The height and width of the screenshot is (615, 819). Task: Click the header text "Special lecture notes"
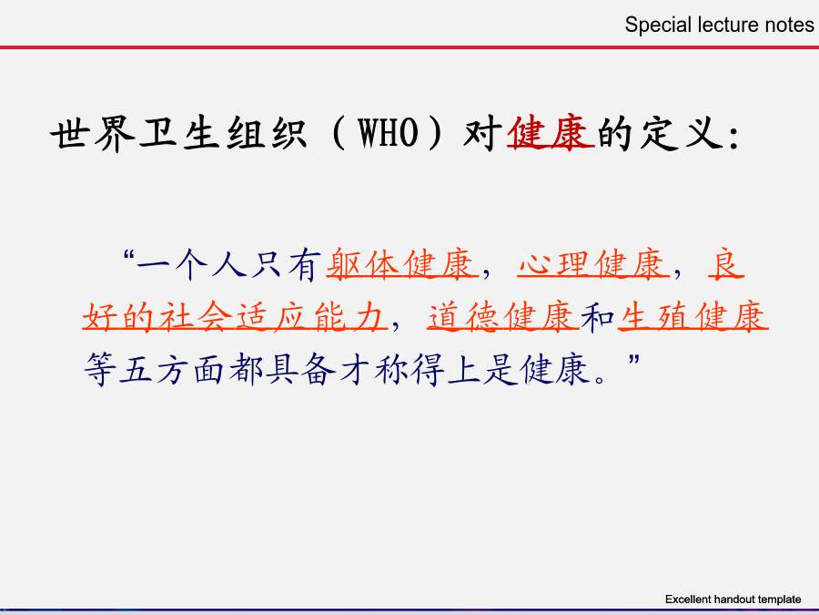point(719,26)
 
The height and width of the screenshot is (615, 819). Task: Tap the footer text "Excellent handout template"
point(733,600)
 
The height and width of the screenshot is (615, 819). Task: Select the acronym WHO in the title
point(388,133)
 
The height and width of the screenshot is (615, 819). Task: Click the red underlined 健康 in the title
point(551,133)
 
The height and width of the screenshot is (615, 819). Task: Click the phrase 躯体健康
point(402,263)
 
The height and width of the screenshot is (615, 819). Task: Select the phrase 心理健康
point(594,263)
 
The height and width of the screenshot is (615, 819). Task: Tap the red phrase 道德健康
point(503,317)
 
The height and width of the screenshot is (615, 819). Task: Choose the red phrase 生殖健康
point(693,317)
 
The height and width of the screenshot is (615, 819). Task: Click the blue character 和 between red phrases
point(598,317)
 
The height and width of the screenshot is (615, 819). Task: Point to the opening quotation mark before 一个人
point(128,255)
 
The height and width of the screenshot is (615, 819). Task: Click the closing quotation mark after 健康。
point(633,360)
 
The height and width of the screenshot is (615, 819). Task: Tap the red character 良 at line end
point(726,263)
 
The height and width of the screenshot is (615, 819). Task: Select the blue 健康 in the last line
point(555,369)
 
